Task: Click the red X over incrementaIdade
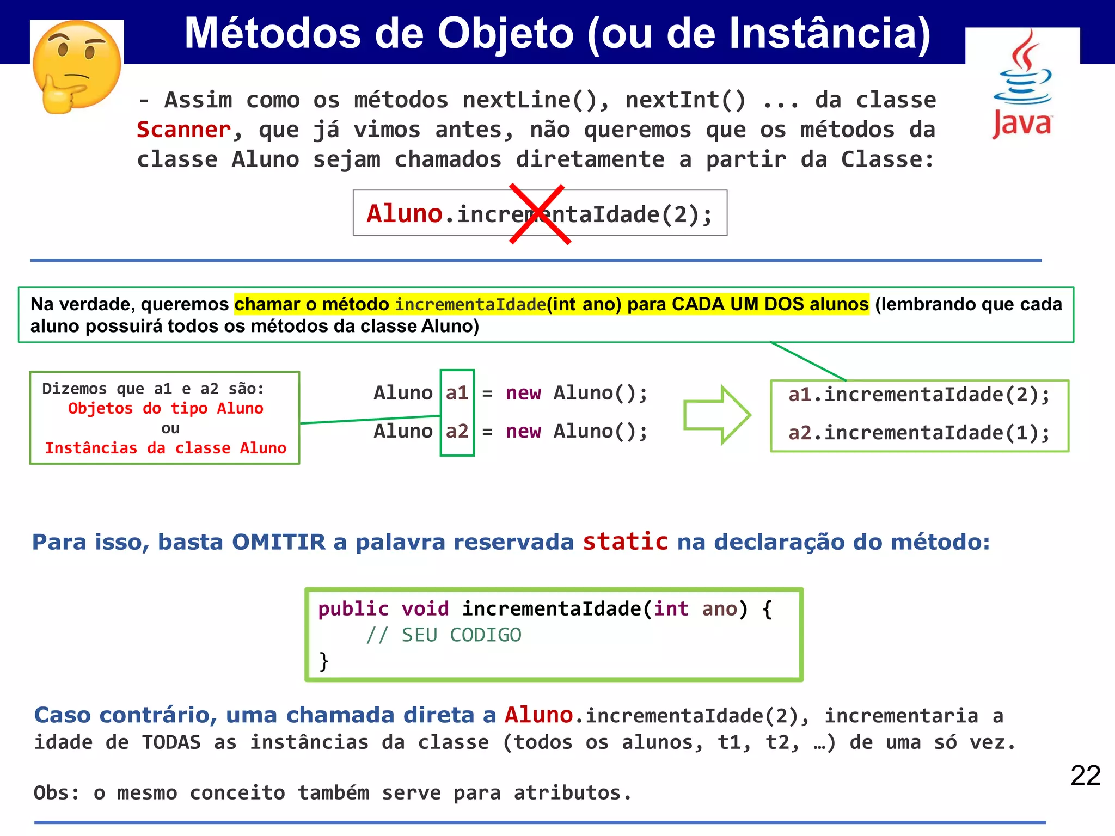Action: point(540,214)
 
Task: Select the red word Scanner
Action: point(184,130)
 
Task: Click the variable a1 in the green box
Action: point(457,393)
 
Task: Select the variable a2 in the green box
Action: point(457,432)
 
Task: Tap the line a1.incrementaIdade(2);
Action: point(919,395)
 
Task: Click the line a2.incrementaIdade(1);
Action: point(919,433)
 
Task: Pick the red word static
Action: point(625,542)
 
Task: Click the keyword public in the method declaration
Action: point(353,609)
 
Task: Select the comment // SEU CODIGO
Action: point(443,635)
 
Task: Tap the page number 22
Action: point(1085,776)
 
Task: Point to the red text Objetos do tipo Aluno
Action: point(166,409)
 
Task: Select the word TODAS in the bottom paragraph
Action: point(171,742)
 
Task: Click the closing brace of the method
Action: point(324,661)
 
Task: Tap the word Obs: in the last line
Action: point(57,793)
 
